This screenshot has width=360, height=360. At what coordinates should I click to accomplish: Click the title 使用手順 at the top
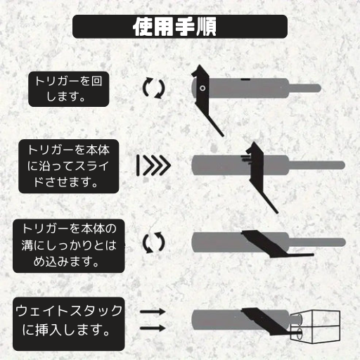click(x=180, y=27)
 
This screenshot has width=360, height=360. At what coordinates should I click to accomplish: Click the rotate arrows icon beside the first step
click(x=154, y=88)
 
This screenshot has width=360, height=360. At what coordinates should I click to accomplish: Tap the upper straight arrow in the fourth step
click(x=153, y=310)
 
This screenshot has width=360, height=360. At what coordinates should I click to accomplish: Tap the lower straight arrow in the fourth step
click(x=153, y=328)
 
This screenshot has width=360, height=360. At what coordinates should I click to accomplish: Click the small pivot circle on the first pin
click(x=202, y=89)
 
